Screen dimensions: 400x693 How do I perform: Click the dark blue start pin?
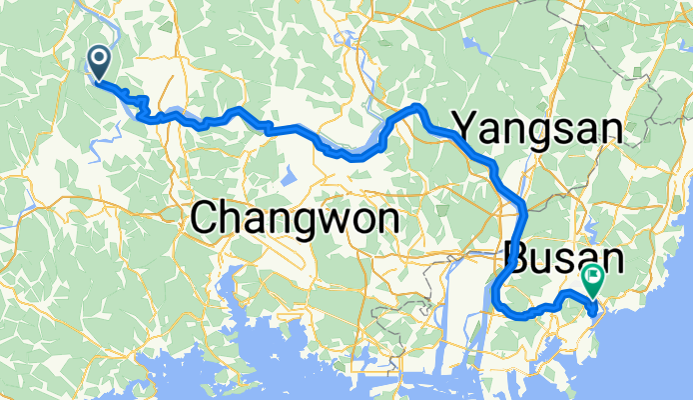(100, 62)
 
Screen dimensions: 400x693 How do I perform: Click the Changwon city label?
(294, 218)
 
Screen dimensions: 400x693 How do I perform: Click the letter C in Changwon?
(204, 218)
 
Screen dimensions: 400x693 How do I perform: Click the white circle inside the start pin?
(100, 58)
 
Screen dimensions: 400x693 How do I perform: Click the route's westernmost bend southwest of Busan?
(495, 294)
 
